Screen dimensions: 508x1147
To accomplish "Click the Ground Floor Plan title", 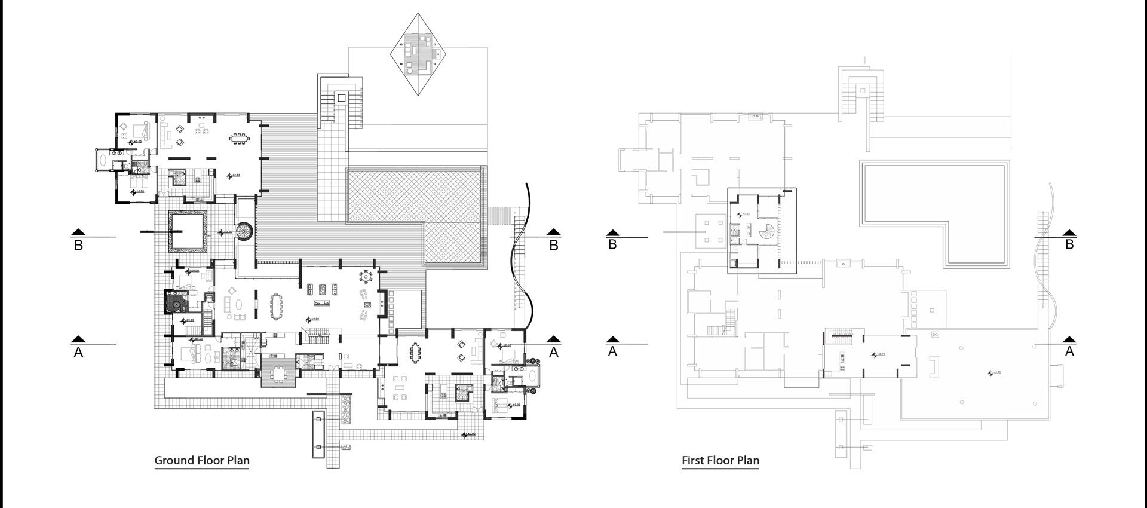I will [x=202, y=460].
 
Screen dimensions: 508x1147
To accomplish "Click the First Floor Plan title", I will [x=720, y=460].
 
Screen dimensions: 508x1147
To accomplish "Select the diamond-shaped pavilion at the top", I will [x=417, y=53].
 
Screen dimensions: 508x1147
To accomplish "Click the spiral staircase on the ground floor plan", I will [x=244, y=231].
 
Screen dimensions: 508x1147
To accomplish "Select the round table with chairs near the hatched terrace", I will [x=364, y=277].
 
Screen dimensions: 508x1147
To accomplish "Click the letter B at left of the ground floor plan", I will [x=78, y=246].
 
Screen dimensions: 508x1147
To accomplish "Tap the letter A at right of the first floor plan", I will [x=1069, y=352].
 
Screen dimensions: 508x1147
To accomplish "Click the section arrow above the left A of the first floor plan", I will [x=612, y=339].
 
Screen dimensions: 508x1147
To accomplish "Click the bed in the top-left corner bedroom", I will [x=141, y=128].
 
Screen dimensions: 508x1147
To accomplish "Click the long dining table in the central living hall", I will [x=276, y=306].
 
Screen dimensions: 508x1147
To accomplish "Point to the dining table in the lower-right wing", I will [x=415, y=353].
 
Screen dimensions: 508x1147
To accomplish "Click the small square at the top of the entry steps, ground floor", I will [x=341, y=97].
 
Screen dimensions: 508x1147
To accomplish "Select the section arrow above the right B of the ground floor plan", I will [x=554, y=233].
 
